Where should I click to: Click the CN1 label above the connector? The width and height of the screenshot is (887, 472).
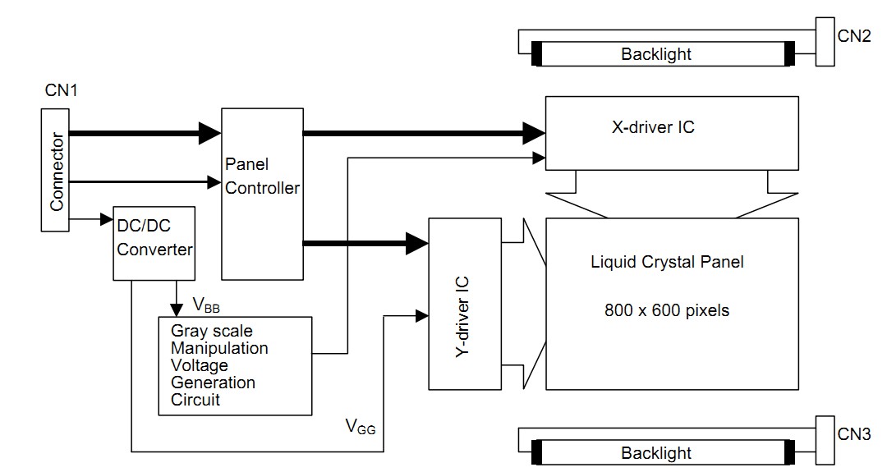[x=61, y=89]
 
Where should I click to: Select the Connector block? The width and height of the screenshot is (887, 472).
[x=56, y=170]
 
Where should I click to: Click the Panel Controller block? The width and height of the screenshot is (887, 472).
[x=262, y=194]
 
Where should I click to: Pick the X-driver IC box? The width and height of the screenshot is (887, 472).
[x=672, y=132]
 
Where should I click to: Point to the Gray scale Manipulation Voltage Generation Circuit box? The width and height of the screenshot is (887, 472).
[x=235, y=365]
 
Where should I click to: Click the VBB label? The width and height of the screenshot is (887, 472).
[x=207, y=305]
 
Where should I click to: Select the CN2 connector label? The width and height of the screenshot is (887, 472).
[x=854, y=37]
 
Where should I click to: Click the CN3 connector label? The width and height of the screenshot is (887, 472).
[x=854, y=435]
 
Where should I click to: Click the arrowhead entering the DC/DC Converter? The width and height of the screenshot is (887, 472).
[x=106, y=219]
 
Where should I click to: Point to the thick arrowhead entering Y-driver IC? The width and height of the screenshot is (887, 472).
[x=418, y=242]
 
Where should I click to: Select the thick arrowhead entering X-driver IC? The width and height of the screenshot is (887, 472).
[x=535, y=131]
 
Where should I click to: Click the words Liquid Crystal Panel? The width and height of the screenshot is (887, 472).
[x=668, y=263]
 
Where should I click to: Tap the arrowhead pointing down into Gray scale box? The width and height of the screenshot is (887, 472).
[x=176, y=309]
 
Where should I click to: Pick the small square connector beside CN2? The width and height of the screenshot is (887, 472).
[x=825, y=41]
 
